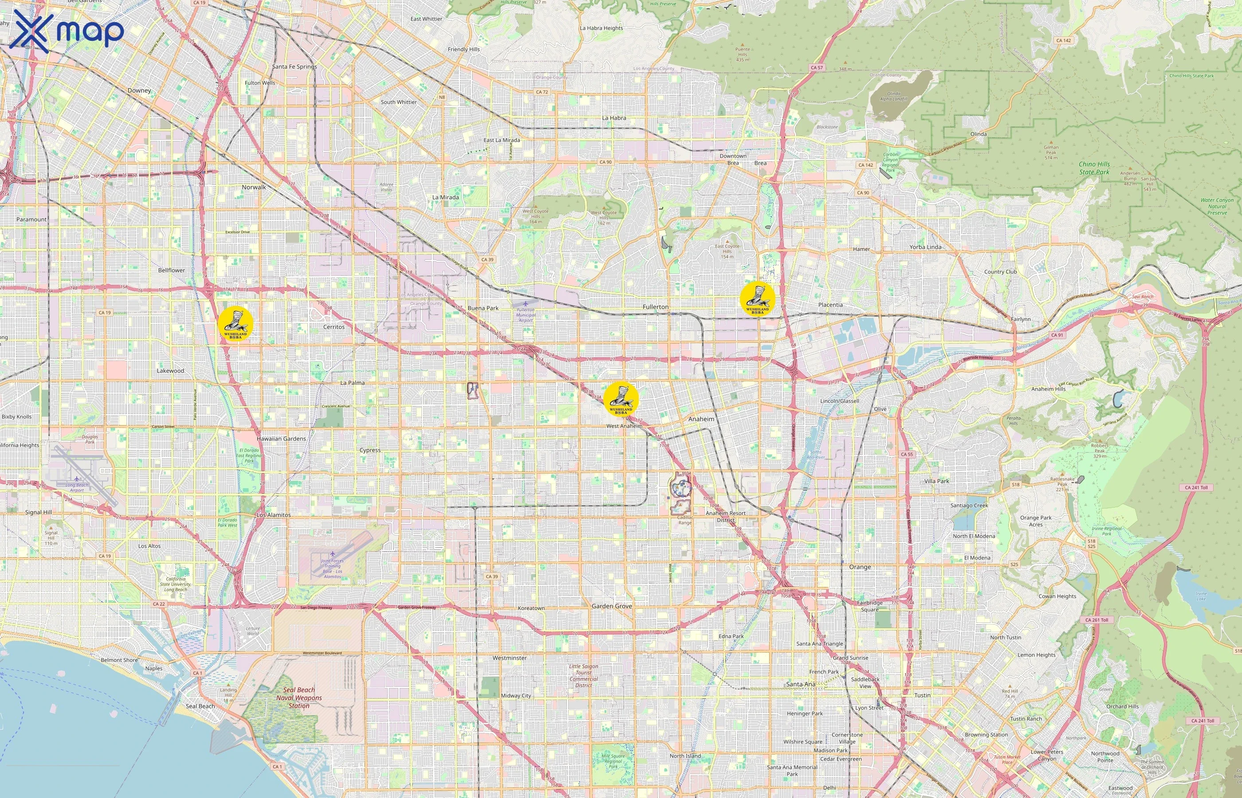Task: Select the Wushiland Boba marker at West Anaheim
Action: (x=621, y=399)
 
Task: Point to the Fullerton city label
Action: (x=655, y=307)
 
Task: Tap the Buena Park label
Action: (x=483, y=308)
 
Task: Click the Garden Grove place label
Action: (x=612, y=606)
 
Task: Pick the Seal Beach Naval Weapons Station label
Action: (x=299, y=697)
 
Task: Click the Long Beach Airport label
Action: (x=77, y=488)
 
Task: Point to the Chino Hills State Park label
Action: (x=1094, y=168)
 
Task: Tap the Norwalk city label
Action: (x=253, y=187)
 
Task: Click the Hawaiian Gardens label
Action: (x=281, y=438)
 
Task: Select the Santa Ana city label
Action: (x=800, y=684)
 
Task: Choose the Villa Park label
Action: (x=937, y=481)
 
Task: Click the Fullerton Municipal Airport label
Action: (x=526, y=314)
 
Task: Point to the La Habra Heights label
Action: (x=601, y=28)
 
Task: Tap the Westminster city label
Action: (x=510, y=657)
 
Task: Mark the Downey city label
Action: (x=139, y=90)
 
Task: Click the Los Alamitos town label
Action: (x=274, y=515)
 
